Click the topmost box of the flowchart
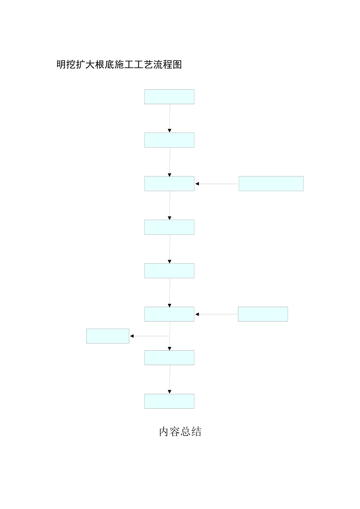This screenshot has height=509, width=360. point(169,97)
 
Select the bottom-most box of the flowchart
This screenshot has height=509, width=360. point(169,401)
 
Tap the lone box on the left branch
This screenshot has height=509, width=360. point(108,336)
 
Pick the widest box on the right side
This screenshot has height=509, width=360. point(271,184)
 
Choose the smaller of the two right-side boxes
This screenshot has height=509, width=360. point(263,314)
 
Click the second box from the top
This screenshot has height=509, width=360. point(169,140)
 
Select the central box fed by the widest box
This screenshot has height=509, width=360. point(169,184)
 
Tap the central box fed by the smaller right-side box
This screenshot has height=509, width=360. point(169,314)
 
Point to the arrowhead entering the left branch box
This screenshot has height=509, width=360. point(131,336)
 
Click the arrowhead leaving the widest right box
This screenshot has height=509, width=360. point(197,184)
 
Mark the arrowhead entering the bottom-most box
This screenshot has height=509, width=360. point(169,392)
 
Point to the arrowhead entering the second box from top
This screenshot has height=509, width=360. point(169,131)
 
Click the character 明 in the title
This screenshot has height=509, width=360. point(61,64)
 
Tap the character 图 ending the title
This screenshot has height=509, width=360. point(177,64)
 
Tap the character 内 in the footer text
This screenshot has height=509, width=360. point(164,432)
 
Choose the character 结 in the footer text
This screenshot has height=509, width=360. point(197,432)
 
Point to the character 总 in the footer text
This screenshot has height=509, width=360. point(186,432)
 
